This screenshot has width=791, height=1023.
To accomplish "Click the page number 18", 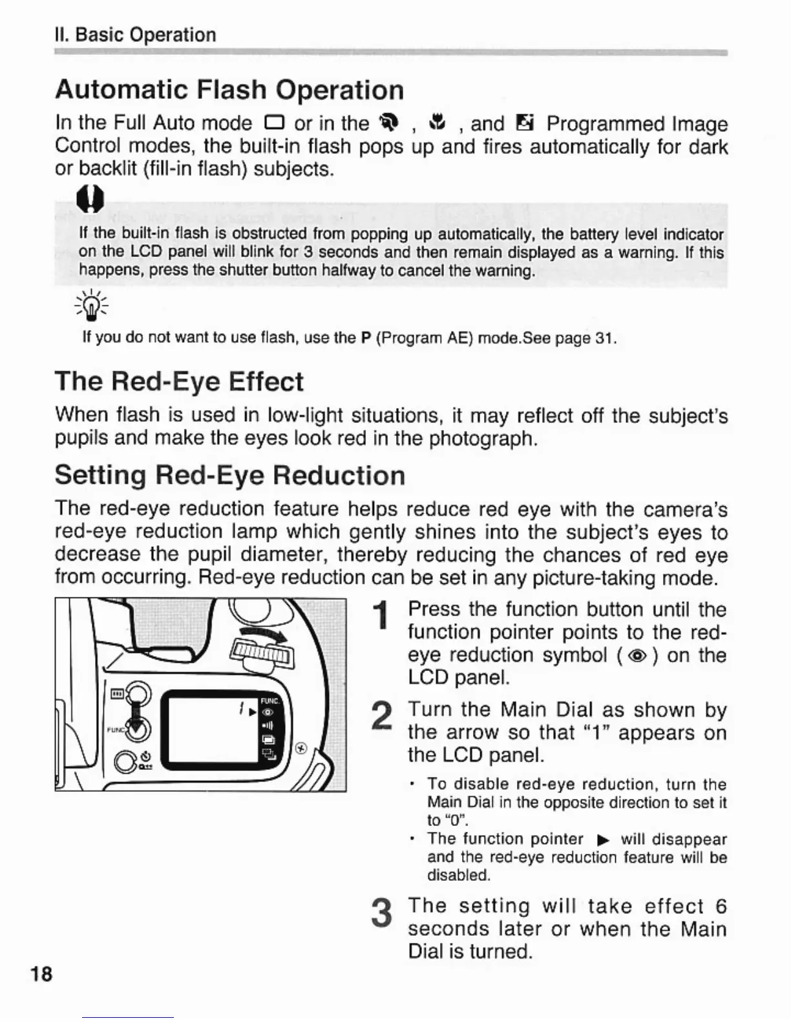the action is point(41,973).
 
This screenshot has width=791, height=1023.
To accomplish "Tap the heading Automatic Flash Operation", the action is point(229,90).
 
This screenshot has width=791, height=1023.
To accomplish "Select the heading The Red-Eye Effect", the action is point(179,382).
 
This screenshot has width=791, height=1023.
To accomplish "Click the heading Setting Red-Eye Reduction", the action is point(230,475).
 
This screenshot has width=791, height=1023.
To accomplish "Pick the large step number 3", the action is point(383,913).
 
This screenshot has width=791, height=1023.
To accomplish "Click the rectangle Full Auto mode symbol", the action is point(273,123).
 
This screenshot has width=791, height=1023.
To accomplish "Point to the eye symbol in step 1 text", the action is point(637,656).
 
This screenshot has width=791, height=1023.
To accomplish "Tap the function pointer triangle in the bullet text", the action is point(602,840).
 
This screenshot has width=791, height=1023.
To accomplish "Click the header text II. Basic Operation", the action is point(136,35).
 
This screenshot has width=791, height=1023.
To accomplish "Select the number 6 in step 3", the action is point(721,906).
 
